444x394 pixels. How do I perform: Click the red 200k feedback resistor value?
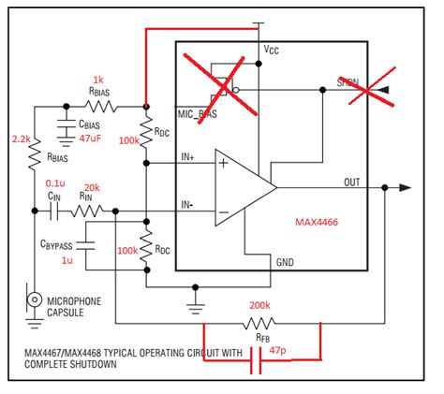[x=261, y=305]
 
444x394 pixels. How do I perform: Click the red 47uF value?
[x=90, y=138]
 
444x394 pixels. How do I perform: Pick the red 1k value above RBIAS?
[x=98, y=80]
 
